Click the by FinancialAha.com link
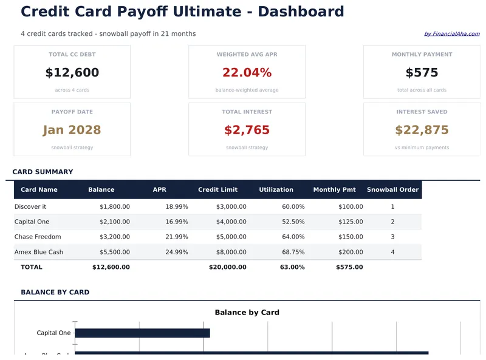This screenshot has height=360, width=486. tap(451, 34)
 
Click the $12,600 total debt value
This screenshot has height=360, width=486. tap(72, 73)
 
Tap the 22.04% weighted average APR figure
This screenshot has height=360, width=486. tap(247, 73)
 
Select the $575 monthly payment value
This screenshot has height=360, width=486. tap(422, 73)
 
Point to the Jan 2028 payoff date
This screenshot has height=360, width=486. tap(72, 130)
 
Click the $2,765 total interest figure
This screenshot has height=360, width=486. tap(247, 130)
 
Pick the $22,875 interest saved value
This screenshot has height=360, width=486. tap(422, 130)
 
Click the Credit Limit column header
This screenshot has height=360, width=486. tap(217, 190)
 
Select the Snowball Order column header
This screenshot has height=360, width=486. tap(392, 190)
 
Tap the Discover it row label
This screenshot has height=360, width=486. tap(30, 207)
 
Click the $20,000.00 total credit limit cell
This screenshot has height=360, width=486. tap(227, 267)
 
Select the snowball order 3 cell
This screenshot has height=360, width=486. tap(392, 237)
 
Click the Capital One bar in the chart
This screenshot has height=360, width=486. tap(142, 333)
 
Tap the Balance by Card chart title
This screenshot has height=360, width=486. tap(247, 313)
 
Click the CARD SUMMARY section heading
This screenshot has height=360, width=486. tap(43, 172)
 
